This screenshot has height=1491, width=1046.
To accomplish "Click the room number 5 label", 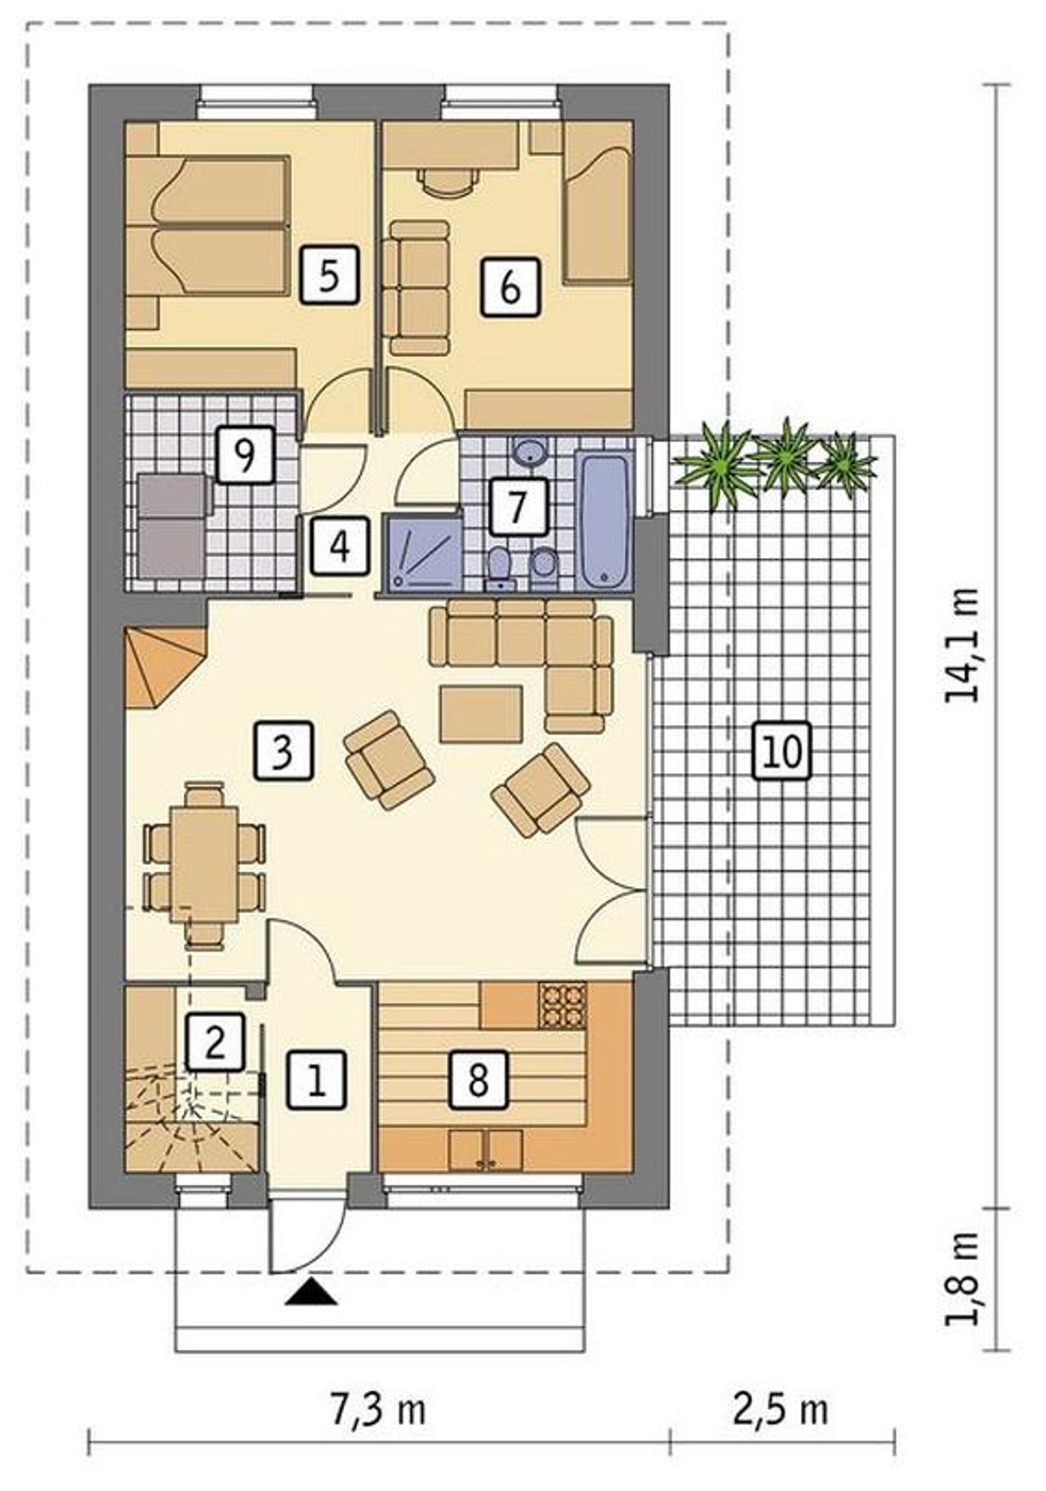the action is pyautogui.click(x=329, y=276).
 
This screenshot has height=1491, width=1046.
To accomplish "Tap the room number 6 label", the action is pyautogui.click(x=510, y=286).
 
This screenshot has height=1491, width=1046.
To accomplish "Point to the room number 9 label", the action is pyautogui.click(x=244, y=454).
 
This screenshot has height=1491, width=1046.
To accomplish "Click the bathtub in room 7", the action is pyautogui.click(x=605, y=520).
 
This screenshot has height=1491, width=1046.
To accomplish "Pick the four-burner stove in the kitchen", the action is pyautogui.click(x=562, y=1004).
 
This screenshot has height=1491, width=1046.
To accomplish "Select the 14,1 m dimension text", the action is pyautogui.click(x=962, y=645).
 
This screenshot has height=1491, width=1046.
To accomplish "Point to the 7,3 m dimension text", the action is pyautogui.click(x=378, y=1410).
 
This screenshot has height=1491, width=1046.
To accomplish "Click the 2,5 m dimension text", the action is pyautogui.click(x=780, y=1410).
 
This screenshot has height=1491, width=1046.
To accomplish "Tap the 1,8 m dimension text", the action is pyautogui.click(x=962, y=1279).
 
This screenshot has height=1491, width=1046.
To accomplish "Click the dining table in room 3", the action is pyautogui.click(x=204, y=864).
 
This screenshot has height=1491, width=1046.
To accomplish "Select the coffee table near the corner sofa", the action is pyautogui.click(x=481, y=714).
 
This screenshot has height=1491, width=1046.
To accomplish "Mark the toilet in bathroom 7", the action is pyautogui.click(x=499, y=568).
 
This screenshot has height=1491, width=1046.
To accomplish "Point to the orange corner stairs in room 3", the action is pyautogui.click(x=164, y=667).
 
